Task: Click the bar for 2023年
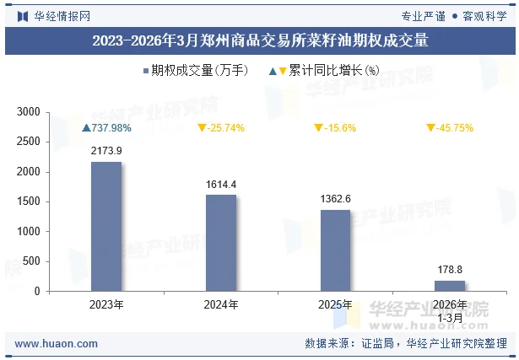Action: pos(106,227)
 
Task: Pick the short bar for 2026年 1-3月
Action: pos(450,286)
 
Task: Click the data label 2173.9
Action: pos(106,151)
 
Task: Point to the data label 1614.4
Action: pos(221,184)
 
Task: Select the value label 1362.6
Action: pos(336,199)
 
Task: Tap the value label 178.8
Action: pos(450,270)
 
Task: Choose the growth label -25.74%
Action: pos(221,128)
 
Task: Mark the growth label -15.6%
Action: pos(336,128)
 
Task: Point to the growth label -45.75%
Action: pos(450,128)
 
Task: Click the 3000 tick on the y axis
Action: pos(29,112)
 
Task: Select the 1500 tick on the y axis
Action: pos(29,201)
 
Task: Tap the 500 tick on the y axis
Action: pos(32,261)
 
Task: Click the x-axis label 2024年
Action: pos(221,304)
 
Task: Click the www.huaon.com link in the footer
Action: pos(57,344)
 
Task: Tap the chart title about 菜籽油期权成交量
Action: pos(259,40)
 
